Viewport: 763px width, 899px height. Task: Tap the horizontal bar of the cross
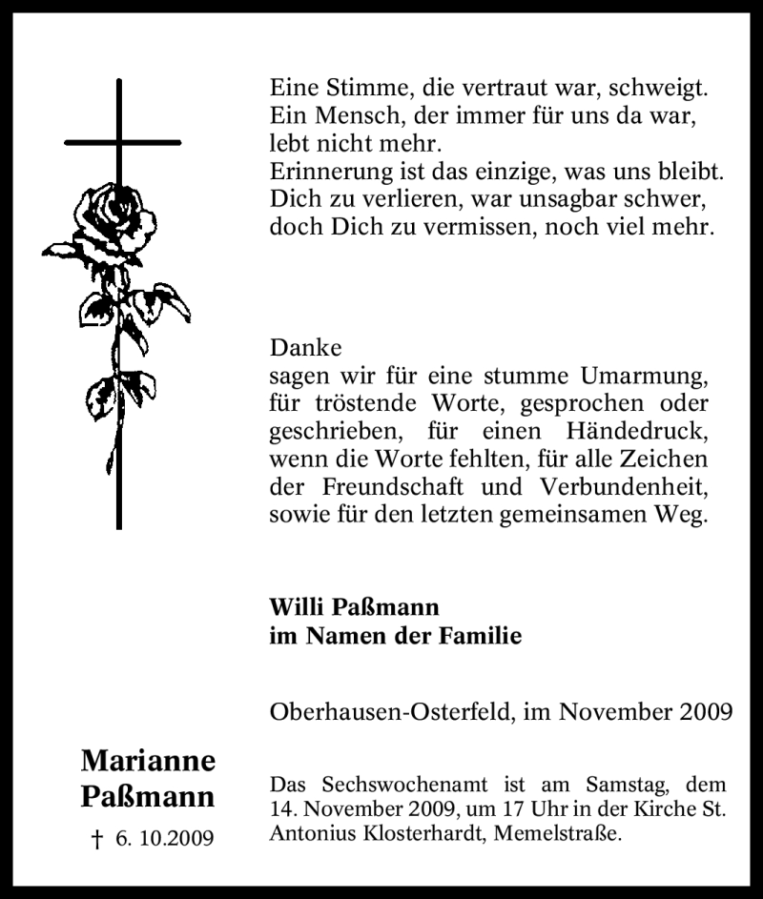click(122, 142)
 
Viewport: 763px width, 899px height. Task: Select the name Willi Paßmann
click(354, 607)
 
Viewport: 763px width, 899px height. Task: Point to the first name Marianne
click(148, 760)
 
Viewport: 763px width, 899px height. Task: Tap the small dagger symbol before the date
click(95, 839)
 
